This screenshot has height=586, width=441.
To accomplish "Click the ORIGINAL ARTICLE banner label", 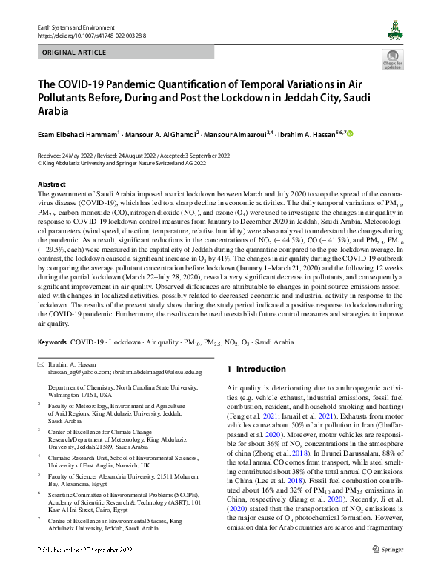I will tap(73, 53).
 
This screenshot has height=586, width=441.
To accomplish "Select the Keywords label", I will tap(52, 343).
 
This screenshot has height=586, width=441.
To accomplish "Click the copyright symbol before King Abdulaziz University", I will tap(40, 164).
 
